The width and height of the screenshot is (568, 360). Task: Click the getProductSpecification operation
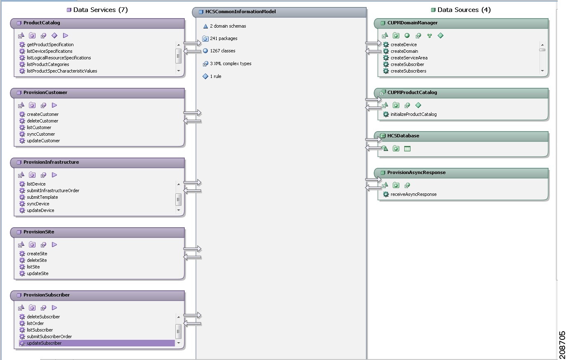(x=50, y=45)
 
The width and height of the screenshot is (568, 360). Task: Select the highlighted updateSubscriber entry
(x=44, y=343)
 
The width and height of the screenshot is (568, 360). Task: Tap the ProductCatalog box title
(x=42, y=23)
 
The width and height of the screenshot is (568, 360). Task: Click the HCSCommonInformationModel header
(x=240, y=12)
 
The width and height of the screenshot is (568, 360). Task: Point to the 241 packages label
(x=224, y=38)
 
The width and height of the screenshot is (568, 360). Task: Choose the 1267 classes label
(x=222, y=51)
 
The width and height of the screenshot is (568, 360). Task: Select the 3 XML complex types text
(x=231, y=64)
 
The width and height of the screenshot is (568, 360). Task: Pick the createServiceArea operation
(x=409, y=58)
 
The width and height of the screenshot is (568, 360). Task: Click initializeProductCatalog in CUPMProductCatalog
(x=413, y=114)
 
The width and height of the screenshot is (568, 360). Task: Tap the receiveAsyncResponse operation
(x=413, y=194)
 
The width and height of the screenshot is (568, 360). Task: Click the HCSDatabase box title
(x=403, y=136)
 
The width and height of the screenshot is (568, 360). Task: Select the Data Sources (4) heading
(x=464, y=10)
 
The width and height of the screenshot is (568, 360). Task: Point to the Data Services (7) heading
(x=100, y=10)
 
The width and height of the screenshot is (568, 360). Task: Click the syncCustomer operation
(x=41, y=134)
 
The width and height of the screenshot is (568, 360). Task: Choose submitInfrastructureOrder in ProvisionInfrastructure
(x=53, y=191)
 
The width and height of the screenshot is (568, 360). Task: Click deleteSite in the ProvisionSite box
(x=37, y=260)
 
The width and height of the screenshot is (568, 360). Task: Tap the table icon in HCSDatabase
(x=407, y=149)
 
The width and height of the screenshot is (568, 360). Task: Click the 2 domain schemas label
(x=228, y=26)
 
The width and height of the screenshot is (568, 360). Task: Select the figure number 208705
(x=562, y=345)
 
